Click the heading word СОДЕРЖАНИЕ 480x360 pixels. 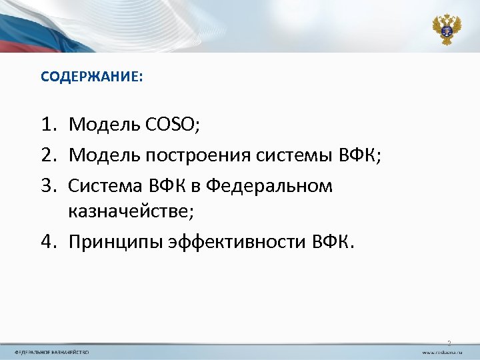point(90,77)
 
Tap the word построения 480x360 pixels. point(194,155)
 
